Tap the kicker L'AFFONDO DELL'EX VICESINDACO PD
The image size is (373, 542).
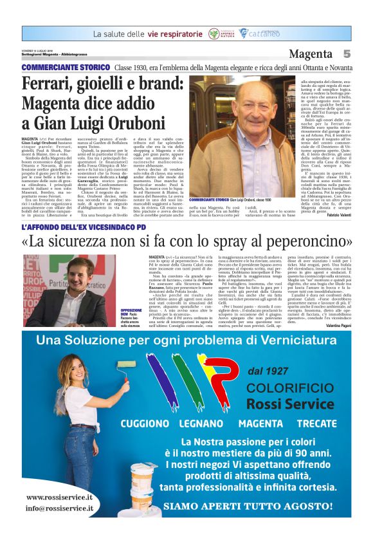pyautogui.click(x=84, y=227)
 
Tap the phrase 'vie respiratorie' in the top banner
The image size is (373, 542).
pyautogui.click(x=172, y=33)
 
